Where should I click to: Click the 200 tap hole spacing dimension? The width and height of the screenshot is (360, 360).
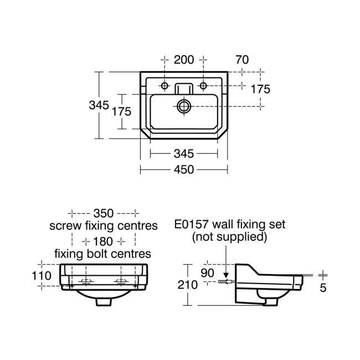coord(184,59)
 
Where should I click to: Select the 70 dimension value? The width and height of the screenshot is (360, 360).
coord(241,59)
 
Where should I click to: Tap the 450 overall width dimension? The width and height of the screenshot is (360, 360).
coord(184,169)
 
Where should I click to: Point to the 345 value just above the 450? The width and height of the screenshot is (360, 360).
coord(184,153)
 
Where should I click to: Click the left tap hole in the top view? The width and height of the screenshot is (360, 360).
coord(164,85)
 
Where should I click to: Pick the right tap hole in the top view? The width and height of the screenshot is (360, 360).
coord(203,85)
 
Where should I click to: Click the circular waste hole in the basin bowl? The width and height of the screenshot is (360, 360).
coord(184,106)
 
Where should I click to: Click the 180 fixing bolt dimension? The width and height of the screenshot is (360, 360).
coord(104,241)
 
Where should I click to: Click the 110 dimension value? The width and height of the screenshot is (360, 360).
coord(42,275)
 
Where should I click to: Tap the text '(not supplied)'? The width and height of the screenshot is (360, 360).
coord(229,238)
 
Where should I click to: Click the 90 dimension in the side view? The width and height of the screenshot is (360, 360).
coord(208,273)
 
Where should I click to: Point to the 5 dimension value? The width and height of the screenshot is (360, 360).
coord(323,287)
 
